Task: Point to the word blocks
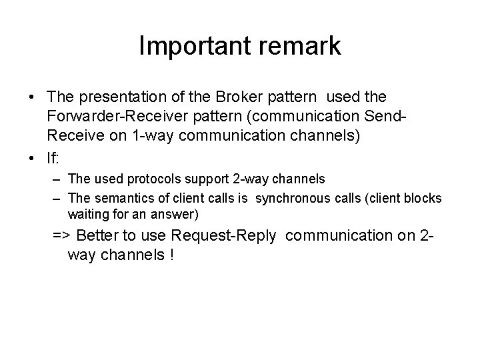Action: click(x=425, y=198)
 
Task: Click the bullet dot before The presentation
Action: click(x=33, y=99)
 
